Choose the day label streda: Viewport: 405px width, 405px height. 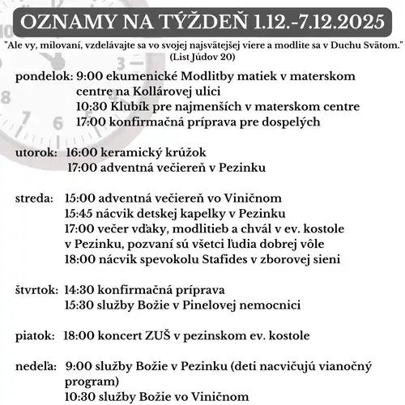(x=35, y=198)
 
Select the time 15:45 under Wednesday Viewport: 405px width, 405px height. (x=79, y=214)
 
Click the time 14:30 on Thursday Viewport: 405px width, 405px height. (x=79, y=290)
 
